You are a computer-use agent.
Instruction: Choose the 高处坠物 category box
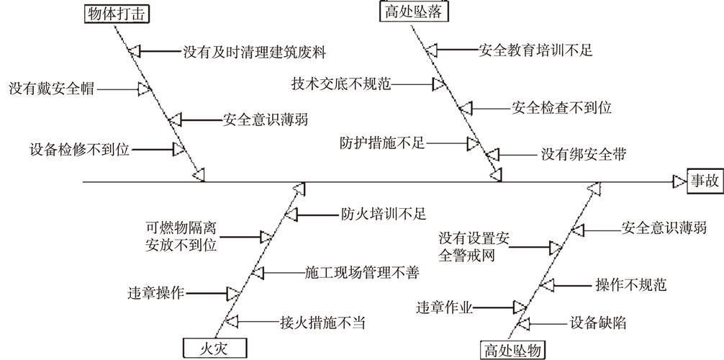[512, 350]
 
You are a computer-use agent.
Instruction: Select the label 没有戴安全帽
[51, 89]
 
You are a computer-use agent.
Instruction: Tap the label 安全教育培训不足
[535, 50]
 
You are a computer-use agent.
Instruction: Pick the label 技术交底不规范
[341, 84]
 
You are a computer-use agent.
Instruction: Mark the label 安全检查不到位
[561, 108]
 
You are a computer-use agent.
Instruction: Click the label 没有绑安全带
[584, 154]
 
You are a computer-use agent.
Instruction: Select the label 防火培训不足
[384, 214]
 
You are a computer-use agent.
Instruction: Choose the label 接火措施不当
[322, 322]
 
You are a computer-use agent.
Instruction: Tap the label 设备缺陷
[597, 323]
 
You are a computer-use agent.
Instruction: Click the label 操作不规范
[630, 284]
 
